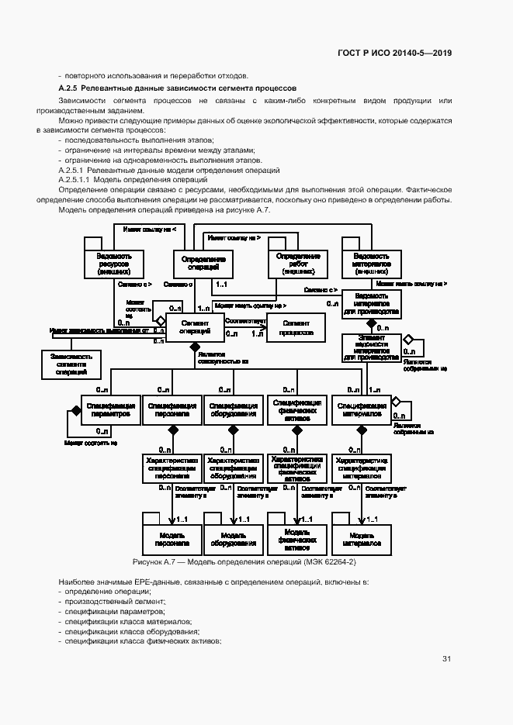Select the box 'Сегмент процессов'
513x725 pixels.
coord(297,327)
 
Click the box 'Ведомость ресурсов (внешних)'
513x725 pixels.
coord(114,264)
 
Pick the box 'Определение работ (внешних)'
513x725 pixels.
coord(298,264)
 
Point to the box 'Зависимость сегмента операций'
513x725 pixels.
coord(71,364)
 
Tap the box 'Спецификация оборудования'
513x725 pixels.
coord(234,409)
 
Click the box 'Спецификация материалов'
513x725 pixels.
coord(361,409)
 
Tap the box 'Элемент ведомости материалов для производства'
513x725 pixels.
coord(371,347)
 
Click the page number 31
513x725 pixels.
coord(446,659)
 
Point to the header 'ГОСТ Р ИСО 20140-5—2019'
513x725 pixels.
coord(394,53)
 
